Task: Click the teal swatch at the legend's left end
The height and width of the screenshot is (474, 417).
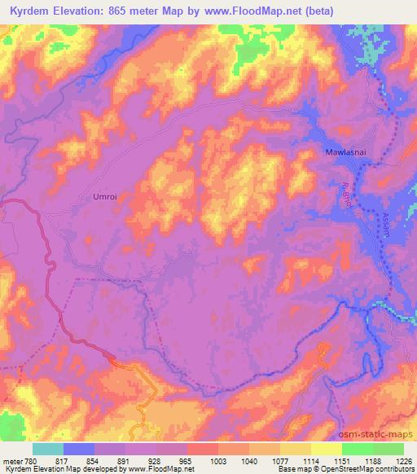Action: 48,448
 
